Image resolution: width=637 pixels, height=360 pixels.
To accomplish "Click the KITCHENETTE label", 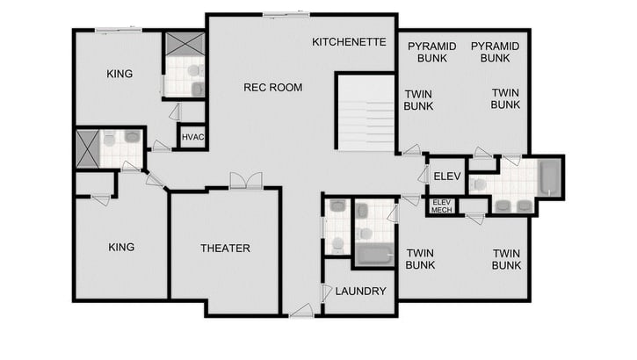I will pos(349,41).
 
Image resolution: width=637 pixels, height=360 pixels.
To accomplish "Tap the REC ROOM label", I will pos(272,87).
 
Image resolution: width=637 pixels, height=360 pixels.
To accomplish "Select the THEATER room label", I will pos(225,248).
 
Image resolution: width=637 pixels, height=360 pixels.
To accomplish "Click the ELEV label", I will pos(441,176).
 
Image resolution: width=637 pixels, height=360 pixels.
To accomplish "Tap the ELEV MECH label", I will pos(441,207).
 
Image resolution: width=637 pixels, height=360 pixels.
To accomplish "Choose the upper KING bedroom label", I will pos(119,74).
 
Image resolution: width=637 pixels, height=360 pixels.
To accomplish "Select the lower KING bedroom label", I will pos(121,248).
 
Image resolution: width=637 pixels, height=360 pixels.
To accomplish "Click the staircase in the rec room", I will pos(366,112).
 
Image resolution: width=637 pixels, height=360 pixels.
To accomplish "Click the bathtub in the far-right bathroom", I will pos(549,177).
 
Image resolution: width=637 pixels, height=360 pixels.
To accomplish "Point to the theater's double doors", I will pos(245,181).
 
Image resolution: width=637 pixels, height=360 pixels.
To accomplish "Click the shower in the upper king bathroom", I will pos(184,44).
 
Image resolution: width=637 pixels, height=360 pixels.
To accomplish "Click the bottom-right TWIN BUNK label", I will pos(506,259).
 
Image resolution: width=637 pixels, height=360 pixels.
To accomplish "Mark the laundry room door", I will pos(327,292).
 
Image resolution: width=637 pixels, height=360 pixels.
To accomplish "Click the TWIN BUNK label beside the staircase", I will pos(419,98).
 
